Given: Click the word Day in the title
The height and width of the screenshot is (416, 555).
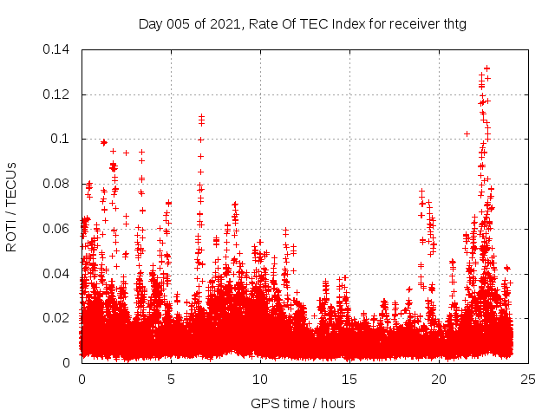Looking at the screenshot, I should tap(151, 23).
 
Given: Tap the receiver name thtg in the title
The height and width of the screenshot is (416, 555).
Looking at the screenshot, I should tap(452, 23).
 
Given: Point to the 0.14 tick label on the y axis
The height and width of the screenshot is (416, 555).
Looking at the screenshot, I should tap(57, 49).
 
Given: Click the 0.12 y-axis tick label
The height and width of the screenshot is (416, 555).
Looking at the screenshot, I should tap(57, 94).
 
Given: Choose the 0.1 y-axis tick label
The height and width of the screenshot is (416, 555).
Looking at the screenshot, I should tap(61, 139).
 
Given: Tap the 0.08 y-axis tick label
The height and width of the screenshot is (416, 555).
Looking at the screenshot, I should tap(57, 184).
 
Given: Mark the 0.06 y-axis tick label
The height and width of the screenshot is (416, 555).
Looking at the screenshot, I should tap(57, 229).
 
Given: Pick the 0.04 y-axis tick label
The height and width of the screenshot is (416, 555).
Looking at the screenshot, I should tap(57, 273).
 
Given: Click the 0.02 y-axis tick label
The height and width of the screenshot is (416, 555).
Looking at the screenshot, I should tap(57, 318).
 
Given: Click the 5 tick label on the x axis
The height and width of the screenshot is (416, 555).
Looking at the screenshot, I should tap(171, 379).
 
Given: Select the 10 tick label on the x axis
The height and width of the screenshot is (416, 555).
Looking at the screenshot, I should tap(260, 379).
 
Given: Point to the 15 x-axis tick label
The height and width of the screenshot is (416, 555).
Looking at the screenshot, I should tap(349, 379).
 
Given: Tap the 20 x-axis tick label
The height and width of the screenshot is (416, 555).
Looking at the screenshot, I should tap(439, 379).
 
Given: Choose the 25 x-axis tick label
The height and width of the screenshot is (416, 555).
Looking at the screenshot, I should tap(528, 379).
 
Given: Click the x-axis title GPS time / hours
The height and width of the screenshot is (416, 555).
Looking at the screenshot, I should tap(303, 403).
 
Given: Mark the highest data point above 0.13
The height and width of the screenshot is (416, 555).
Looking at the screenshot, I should tap(486, 68).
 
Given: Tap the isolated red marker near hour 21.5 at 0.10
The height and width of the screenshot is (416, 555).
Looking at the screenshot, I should tap(467, 133).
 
